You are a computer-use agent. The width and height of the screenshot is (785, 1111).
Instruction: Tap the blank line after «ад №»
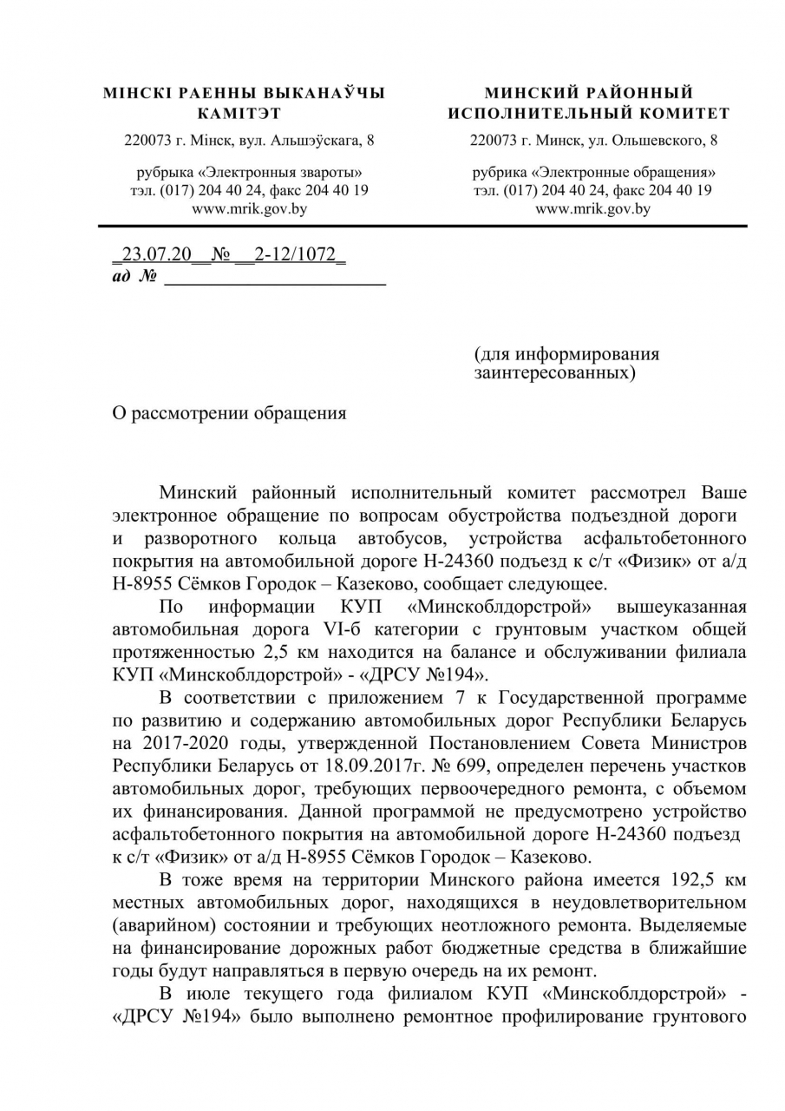click(275, 278)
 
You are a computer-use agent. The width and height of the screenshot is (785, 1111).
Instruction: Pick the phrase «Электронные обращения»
click(627, 173)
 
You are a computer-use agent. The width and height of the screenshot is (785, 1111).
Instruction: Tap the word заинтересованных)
click(554, 373)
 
